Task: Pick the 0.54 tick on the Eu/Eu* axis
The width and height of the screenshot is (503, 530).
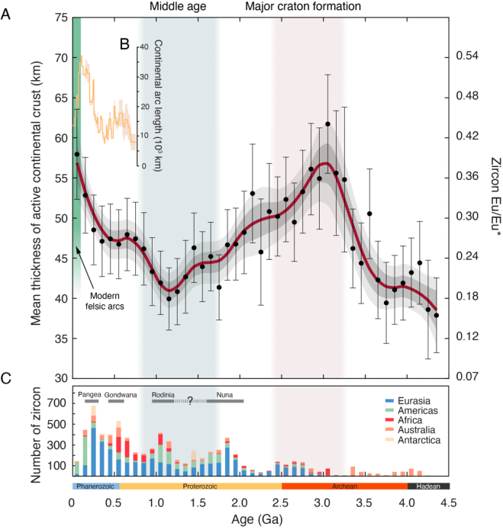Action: pos(469,57)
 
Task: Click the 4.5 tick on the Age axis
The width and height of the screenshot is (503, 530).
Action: pos(450,503)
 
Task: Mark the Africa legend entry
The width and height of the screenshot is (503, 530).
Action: pos(405,420)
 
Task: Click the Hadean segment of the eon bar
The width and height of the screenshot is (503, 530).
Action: pos(428,486)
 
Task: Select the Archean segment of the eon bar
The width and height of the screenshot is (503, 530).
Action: pos(344,486)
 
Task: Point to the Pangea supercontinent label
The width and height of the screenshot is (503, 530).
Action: pos(91,393)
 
